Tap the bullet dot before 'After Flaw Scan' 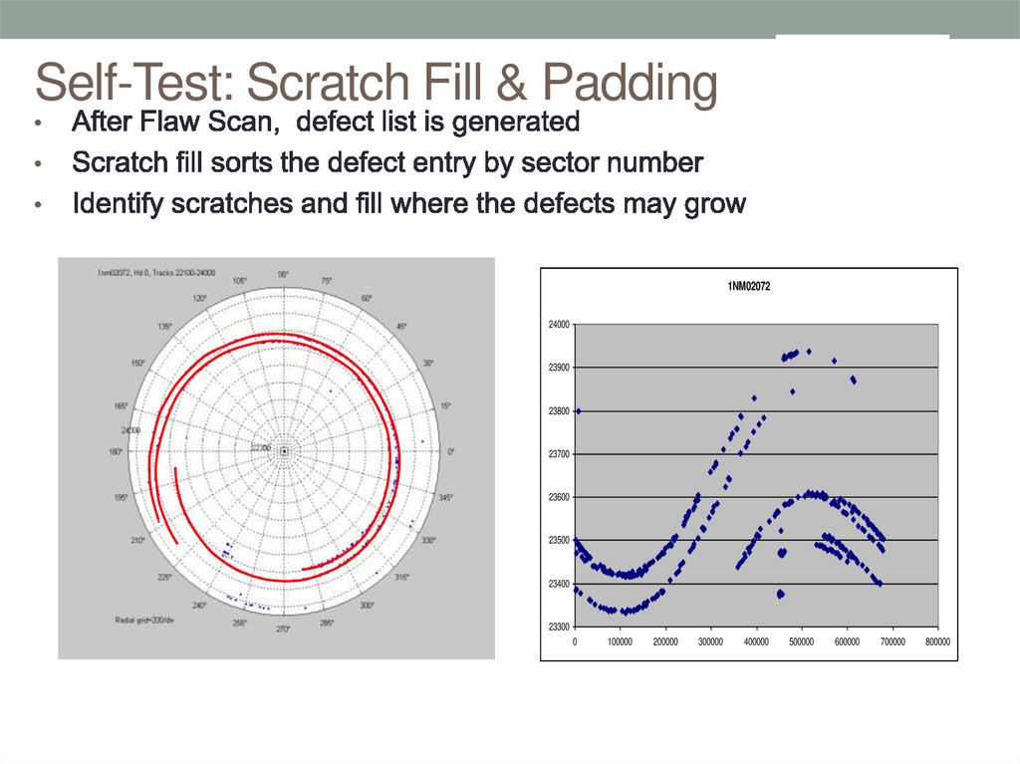(x=38, y=126)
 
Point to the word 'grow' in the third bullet (x=710, y=204)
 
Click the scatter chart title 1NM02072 (x=749, y=287)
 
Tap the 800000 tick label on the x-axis (x=936, y=641)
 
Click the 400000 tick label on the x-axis (x=756, y=641)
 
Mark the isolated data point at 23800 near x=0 (x=579, y=410)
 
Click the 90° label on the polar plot (x=283, y=274)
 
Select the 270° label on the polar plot (x=283, y=629)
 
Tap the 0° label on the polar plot (x=450, y=451)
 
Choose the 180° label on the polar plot (x=117, y=451)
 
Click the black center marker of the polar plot (x=284, y=451)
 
